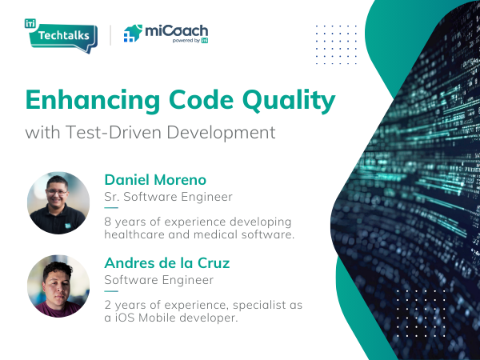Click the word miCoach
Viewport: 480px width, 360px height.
pos(176,31)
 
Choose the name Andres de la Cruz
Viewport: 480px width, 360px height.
pos(167,263)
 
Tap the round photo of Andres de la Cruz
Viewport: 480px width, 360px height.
pos(58,286)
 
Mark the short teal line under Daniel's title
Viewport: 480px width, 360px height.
pos(111,208)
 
